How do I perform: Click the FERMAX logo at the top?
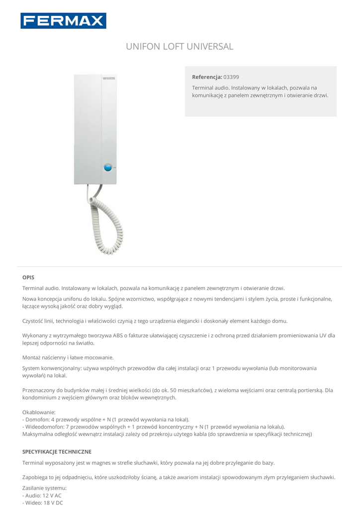pos(63,21)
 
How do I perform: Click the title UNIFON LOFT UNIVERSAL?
pos(180,47)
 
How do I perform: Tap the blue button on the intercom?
pos(107,168)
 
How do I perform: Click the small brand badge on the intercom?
pos(109,79)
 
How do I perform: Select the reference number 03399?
pos(231,77)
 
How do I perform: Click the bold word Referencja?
pos(207,77)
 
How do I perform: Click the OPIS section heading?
pos(28,277)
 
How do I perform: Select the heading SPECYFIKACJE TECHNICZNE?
pos(57,452)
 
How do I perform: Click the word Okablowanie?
pos(39,412)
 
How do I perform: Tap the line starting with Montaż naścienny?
pos(68,357)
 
